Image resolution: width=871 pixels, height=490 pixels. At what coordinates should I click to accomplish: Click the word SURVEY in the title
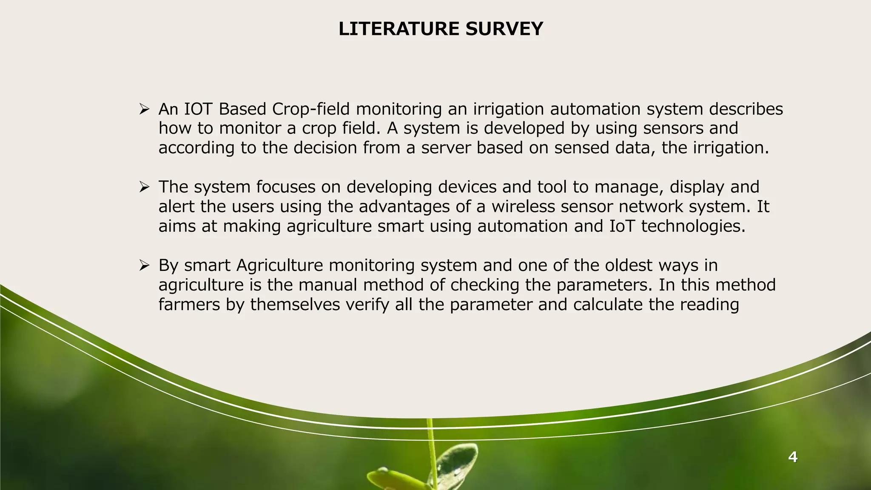(x=504, y=29)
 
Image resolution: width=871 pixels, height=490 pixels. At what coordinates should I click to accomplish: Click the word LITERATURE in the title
(x=398, y=29)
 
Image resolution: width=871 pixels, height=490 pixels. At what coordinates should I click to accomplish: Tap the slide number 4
(x=792, y=457)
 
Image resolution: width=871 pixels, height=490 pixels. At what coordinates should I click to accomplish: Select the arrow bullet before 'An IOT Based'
(x=144, y=110)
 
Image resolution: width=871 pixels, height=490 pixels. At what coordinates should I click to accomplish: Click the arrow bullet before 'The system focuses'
(x=144, y=188)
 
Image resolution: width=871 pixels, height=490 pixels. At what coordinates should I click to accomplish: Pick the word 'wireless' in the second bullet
(x=523, y=207)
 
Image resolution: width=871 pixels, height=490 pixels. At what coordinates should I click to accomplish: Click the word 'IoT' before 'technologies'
(x=622, y=226)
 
